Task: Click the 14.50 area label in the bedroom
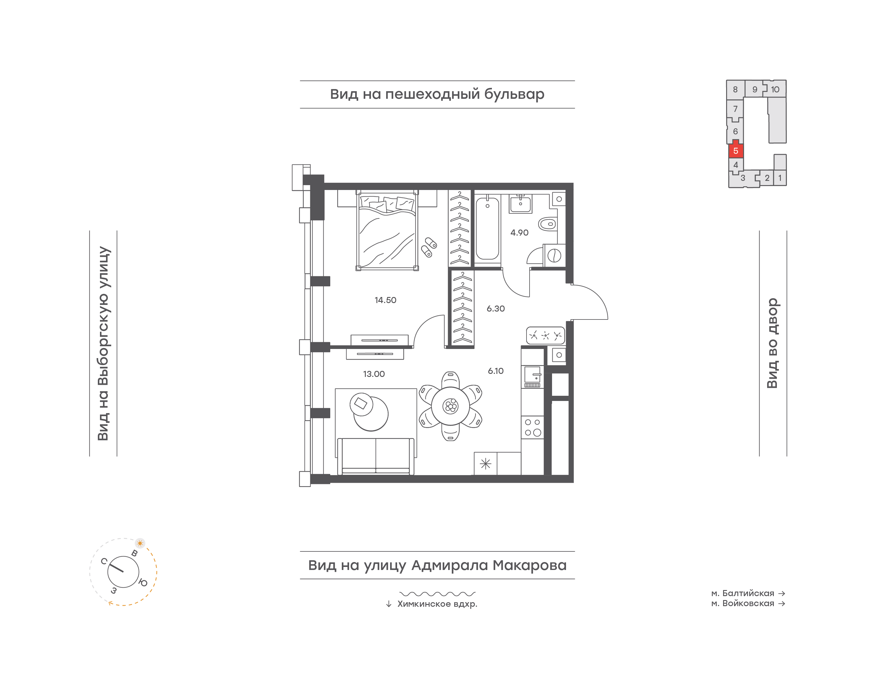pyautogui.click(x=385, y=300)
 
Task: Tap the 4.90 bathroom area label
pyautogui.click(x=519, y=233)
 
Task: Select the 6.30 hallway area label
pyautogui.click(x=496, y=309)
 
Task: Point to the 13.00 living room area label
pyautogui.click(x=374, y=374)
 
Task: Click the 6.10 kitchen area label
pyautogui.click(x=496, y=371)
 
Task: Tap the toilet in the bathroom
pyautogui.click(x=547, y=224)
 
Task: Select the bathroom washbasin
pyautogui.click(x=520, y=204)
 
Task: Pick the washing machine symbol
pyautogui.click(x=554, y=255)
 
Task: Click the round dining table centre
pyautogui.click(x=450, y=406)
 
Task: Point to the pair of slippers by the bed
pyautogui.click(x=429, y=247)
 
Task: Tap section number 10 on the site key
pyautogui.click(x=775, y=89)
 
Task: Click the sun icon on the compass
pyautogui.click(x=140, y=543)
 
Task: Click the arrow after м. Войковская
pyautogui.click(x=782, y=603)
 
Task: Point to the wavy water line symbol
pyautogui.click(x=437, y=594)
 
